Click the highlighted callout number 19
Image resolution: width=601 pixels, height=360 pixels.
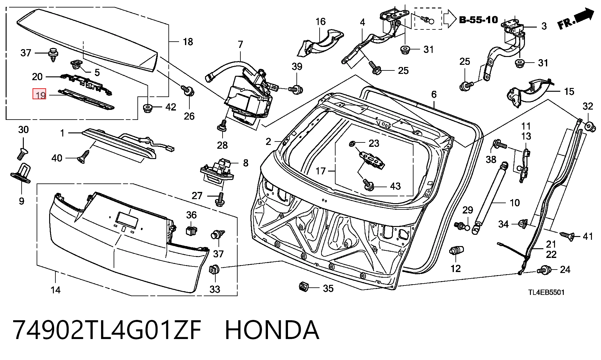[x=40, y=95]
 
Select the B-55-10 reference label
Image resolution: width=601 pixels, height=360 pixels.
[x=478, y=20]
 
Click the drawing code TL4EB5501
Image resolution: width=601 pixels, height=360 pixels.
[x=547, y=292]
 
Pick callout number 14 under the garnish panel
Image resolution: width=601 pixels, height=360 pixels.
[x=55, y=290]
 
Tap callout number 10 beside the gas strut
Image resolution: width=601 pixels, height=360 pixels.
[x=515, y=203]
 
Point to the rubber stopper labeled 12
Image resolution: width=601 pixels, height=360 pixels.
[x=456, y=251]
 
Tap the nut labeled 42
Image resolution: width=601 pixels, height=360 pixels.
[x=147, y=108]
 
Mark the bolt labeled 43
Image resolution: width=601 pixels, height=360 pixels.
[x=369, y=185]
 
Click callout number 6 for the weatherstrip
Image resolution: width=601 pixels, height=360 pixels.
[x=434, y=94]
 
